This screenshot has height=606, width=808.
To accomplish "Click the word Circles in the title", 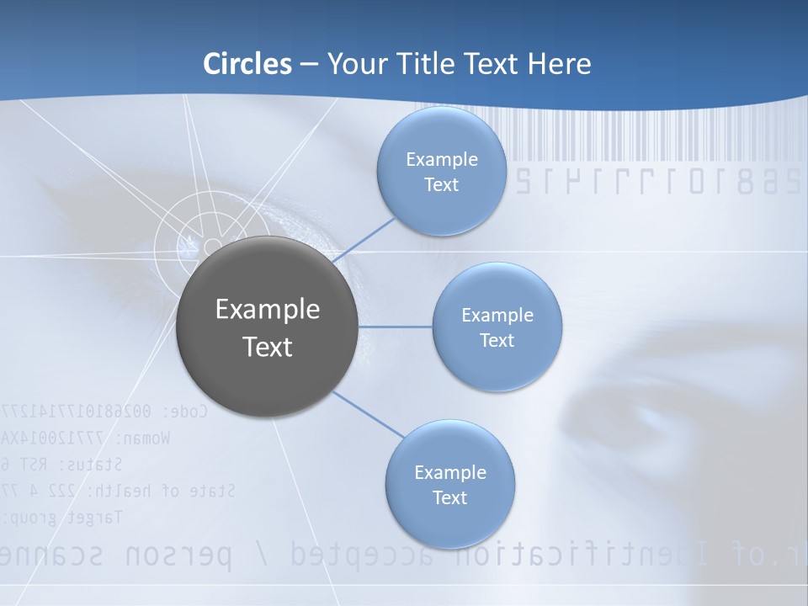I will (247, 64).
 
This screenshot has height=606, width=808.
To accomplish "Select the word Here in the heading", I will (559, 64).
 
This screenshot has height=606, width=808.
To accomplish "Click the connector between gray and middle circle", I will (396, 327).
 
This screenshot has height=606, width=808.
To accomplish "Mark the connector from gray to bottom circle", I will (368, 415).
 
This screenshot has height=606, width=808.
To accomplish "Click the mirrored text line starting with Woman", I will (84, 438).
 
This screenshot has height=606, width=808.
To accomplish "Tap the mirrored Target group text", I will (63, 516).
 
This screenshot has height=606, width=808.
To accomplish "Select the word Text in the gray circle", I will (268, 347).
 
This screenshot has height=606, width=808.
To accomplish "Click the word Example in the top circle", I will (441, 160).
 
